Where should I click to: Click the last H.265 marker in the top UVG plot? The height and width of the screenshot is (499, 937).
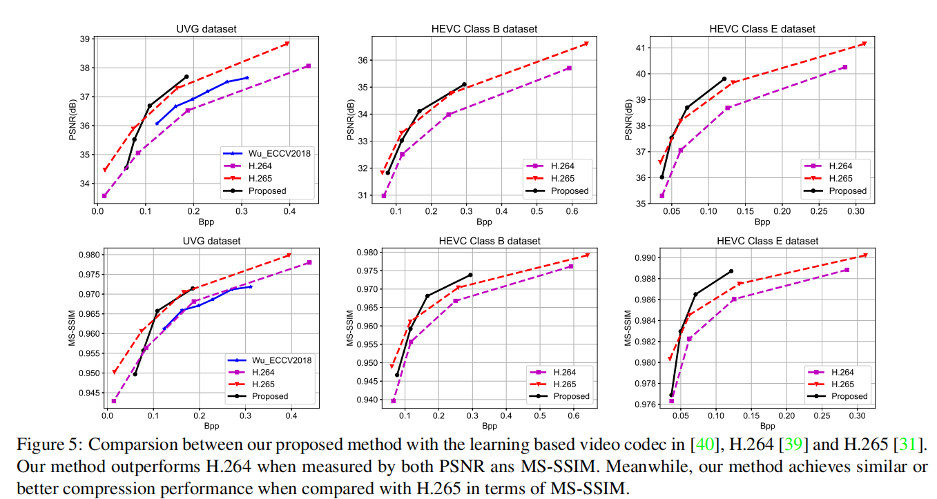click(287, 43)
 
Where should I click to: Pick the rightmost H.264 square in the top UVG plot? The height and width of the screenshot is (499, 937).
click(308, 66)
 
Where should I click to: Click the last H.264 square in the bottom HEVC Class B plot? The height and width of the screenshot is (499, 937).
click(570, 266)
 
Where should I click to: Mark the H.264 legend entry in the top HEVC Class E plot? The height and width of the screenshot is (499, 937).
click(839, 166)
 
